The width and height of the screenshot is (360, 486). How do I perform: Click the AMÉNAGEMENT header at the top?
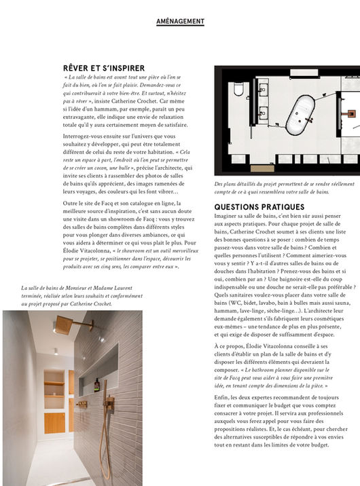click(x=180, y=21)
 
